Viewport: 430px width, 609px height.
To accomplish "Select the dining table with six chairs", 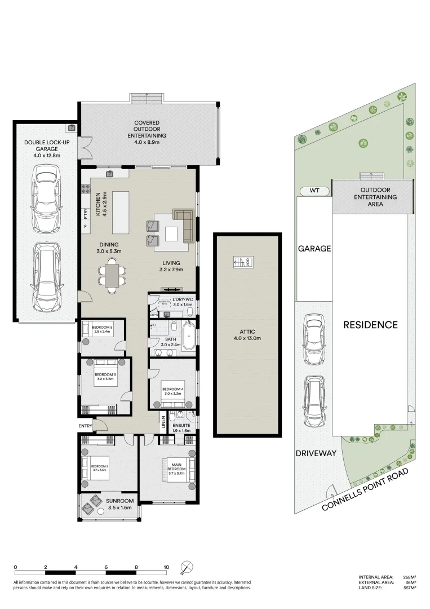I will tap(112, 275).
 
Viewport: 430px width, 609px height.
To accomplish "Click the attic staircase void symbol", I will tap(244, 262).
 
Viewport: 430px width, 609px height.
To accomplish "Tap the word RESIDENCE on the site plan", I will tap(371, 325).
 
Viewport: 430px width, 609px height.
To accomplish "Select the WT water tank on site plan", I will tap(314, 191).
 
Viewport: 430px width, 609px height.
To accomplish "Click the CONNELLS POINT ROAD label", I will tap(365, 489).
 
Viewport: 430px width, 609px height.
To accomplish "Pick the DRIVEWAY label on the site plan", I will tap(314, 453).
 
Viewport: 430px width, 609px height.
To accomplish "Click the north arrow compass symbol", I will tap(187, 567).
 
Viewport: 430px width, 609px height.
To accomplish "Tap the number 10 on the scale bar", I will tap(166, 567).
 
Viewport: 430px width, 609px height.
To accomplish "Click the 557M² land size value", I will tap(409, 588).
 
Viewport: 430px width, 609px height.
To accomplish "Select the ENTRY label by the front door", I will tap(86, 426).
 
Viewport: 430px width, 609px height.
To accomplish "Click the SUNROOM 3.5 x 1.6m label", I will tap(119, 504).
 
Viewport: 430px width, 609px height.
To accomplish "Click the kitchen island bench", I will tap(121, 212).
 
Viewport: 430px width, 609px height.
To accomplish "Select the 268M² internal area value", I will tap(409, 577).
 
